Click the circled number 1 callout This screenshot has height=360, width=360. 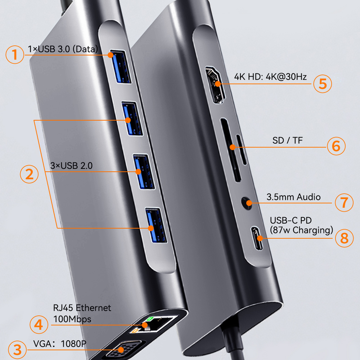click(x=14, y=55)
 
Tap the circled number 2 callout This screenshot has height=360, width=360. click(x=29, y=174)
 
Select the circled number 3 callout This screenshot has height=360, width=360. click(x=15, y=349)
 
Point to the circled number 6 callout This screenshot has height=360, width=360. click(x=336, y=146)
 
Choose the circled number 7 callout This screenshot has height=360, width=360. click(x=344, y=202)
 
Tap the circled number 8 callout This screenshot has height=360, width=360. click(x=345, y=238)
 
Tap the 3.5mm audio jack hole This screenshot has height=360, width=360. click(x=247, y=202)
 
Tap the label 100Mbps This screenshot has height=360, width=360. click(x=72, y=319)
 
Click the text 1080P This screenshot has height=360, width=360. click(x=74, y=343)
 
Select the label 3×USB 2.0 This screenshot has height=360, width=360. click(x=71, y=166)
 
